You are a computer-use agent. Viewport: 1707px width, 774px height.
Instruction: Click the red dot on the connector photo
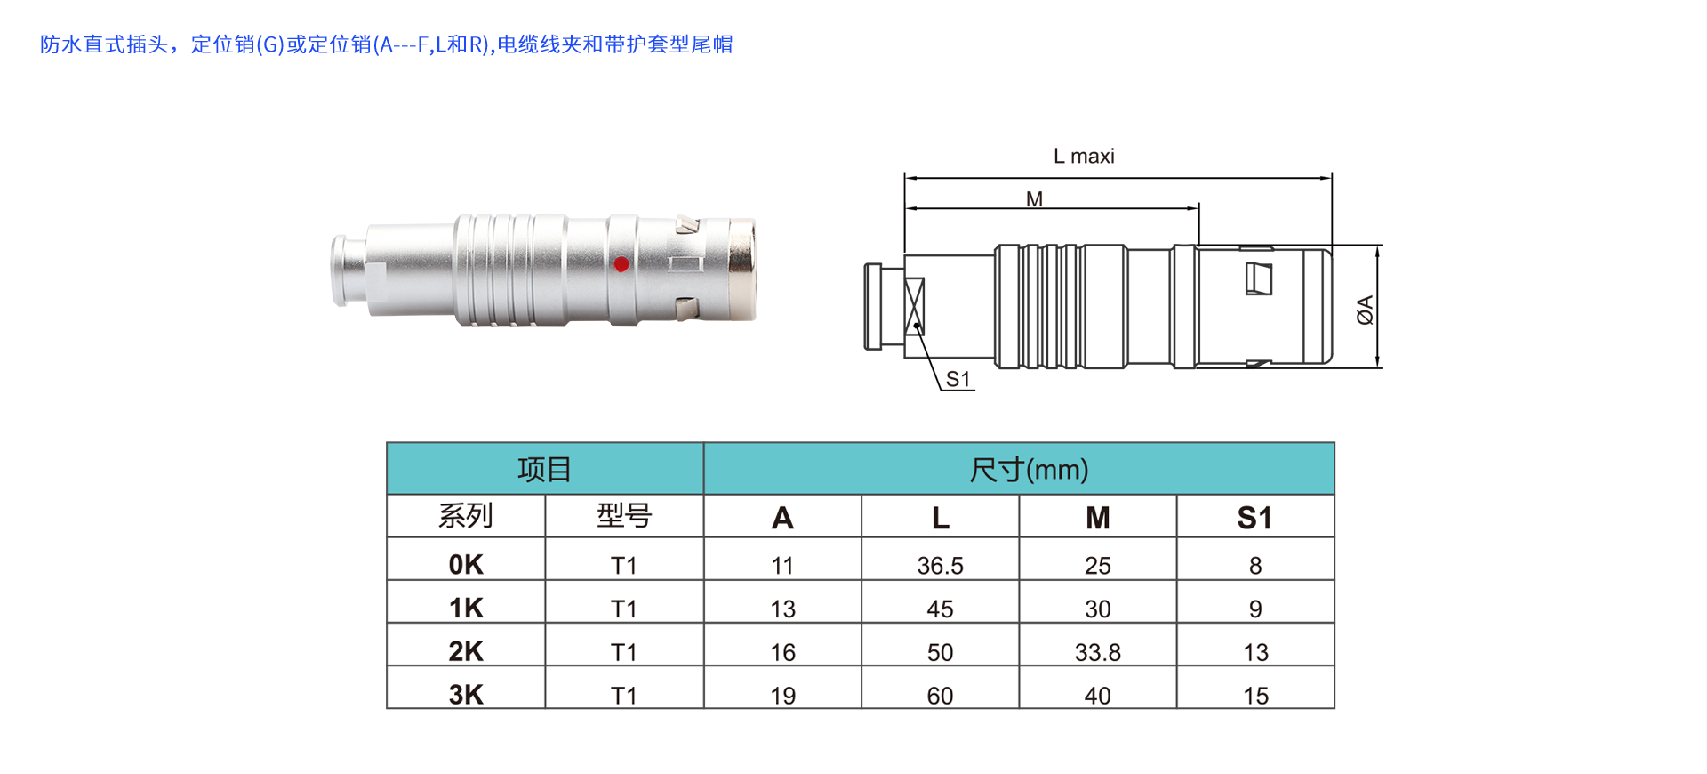coord(621,263)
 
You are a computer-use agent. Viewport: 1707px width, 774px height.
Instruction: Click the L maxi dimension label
coord(1084,157)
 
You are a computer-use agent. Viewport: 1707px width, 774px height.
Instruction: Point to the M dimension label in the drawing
coord(1034,199)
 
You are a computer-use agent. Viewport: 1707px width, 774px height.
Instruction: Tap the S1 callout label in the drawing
coord(958,379)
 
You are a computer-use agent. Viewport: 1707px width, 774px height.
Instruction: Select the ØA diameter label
coord(1365,310)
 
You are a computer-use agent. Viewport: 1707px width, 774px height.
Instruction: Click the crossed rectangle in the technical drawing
coord(915,306)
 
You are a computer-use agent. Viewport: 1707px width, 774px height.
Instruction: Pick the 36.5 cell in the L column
coord(940,565)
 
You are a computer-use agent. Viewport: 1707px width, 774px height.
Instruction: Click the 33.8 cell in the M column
coord(1097,652)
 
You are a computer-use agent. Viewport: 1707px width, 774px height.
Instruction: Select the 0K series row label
coord(466,564)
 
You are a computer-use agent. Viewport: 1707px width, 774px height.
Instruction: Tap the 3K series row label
coord(466,694)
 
